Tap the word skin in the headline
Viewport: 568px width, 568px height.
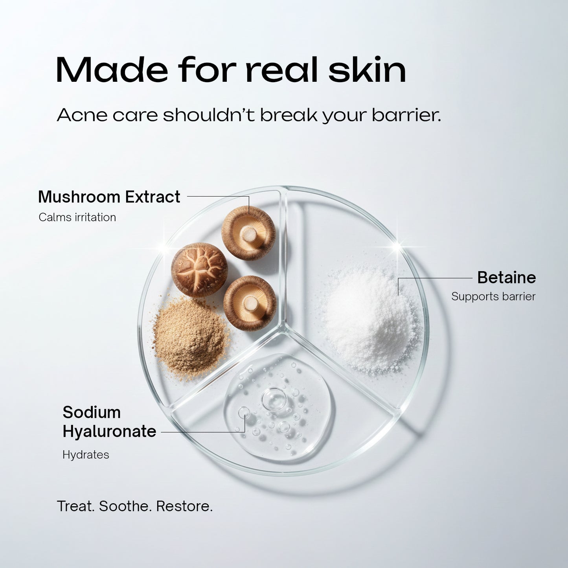[367, 70]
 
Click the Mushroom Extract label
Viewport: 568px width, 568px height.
[109, 197]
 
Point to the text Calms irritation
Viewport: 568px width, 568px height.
[77, 217]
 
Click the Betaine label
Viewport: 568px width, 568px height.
[506, 278]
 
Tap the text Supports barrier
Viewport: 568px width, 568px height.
[493, 296]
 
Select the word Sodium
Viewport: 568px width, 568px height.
[92, 412]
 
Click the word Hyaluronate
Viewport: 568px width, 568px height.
[109, 431]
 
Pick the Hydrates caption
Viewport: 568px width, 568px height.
[86, 455]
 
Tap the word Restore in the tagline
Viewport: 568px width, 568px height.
[184, 506]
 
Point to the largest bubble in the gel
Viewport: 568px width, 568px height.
[274, 399]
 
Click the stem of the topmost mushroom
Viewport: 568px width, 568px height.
[248, 235]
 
